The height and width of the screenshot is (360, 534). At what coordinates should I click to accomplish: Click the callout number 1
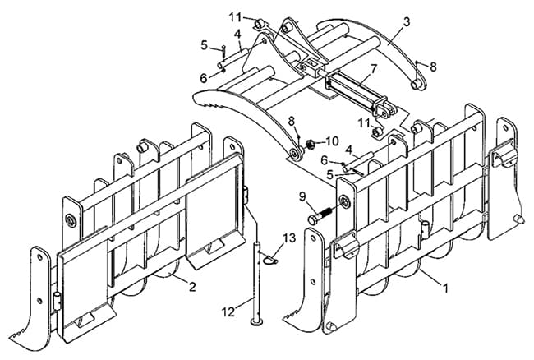click(x=444, y=288)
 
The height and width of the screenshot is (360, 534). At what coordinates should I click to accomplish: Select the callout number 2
click(x=192, y=287)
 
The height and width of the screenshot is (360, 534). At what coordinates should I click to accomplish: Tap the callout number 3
click(x=407, y=22)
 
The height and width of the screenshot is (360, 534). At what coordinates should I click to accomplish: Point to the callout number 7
click(x=374, y=69)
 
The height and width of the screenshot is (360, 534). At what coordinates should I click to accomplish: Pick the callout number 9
click(x=303, y=196)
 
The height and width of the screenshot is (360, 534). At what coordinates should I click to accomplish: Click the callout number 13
click(x=289, y=238)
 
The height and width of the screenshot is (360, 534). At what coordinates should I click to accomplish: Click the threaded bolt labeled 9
click(x=320, y=215)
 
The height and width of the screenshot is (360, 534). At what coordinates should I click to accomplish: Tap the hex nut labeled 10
click(x=310, y=145)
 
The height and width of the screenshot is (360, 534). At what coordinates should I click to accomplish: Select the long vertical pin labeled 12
click(x=257, y=283)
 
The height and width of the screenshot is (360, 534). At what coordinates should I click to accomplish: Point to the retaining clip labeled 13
click(x=271, y=260)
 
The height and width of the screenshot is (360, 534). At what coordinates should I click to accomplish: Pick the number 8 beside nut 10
click(x=291, y=121)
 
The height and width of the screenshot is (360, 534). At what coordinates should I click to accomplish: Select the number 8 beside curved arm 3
click(x=433, y=67)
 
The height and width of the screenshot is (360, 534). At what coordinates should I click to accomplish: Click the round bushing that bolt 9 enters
click(x=345, y=202)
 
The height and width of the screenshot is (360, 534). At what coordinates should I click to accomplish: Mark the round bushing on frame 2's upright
click(x=71, y=220)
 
